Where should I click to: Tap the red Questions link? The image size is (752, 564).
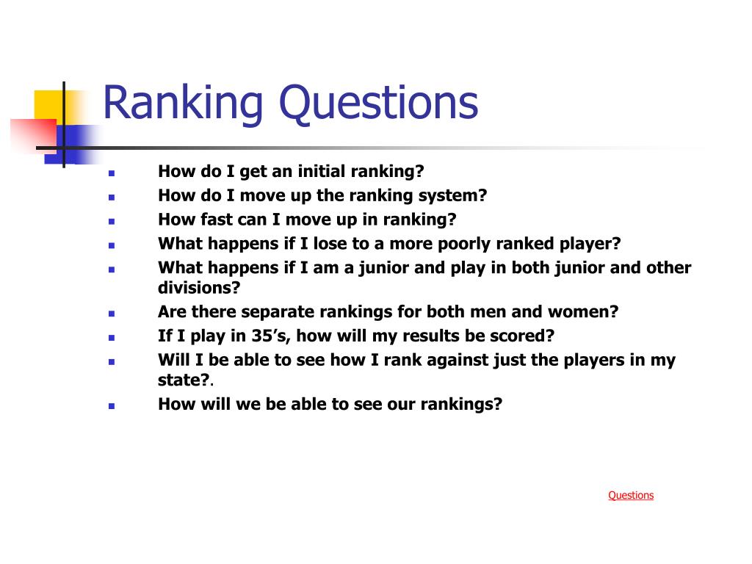click(x=631, y=496)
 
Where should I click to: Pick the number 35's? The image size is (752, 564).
click(x=270, y=336)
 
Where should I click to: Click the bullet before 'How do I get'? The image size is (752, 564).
click(x=112, y=173)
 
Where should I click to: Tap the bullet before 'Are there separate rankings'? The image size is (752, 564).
click(x=112, y=314)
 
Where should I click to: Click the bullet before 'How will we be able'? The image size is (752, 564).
click(x=112, y=405)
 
